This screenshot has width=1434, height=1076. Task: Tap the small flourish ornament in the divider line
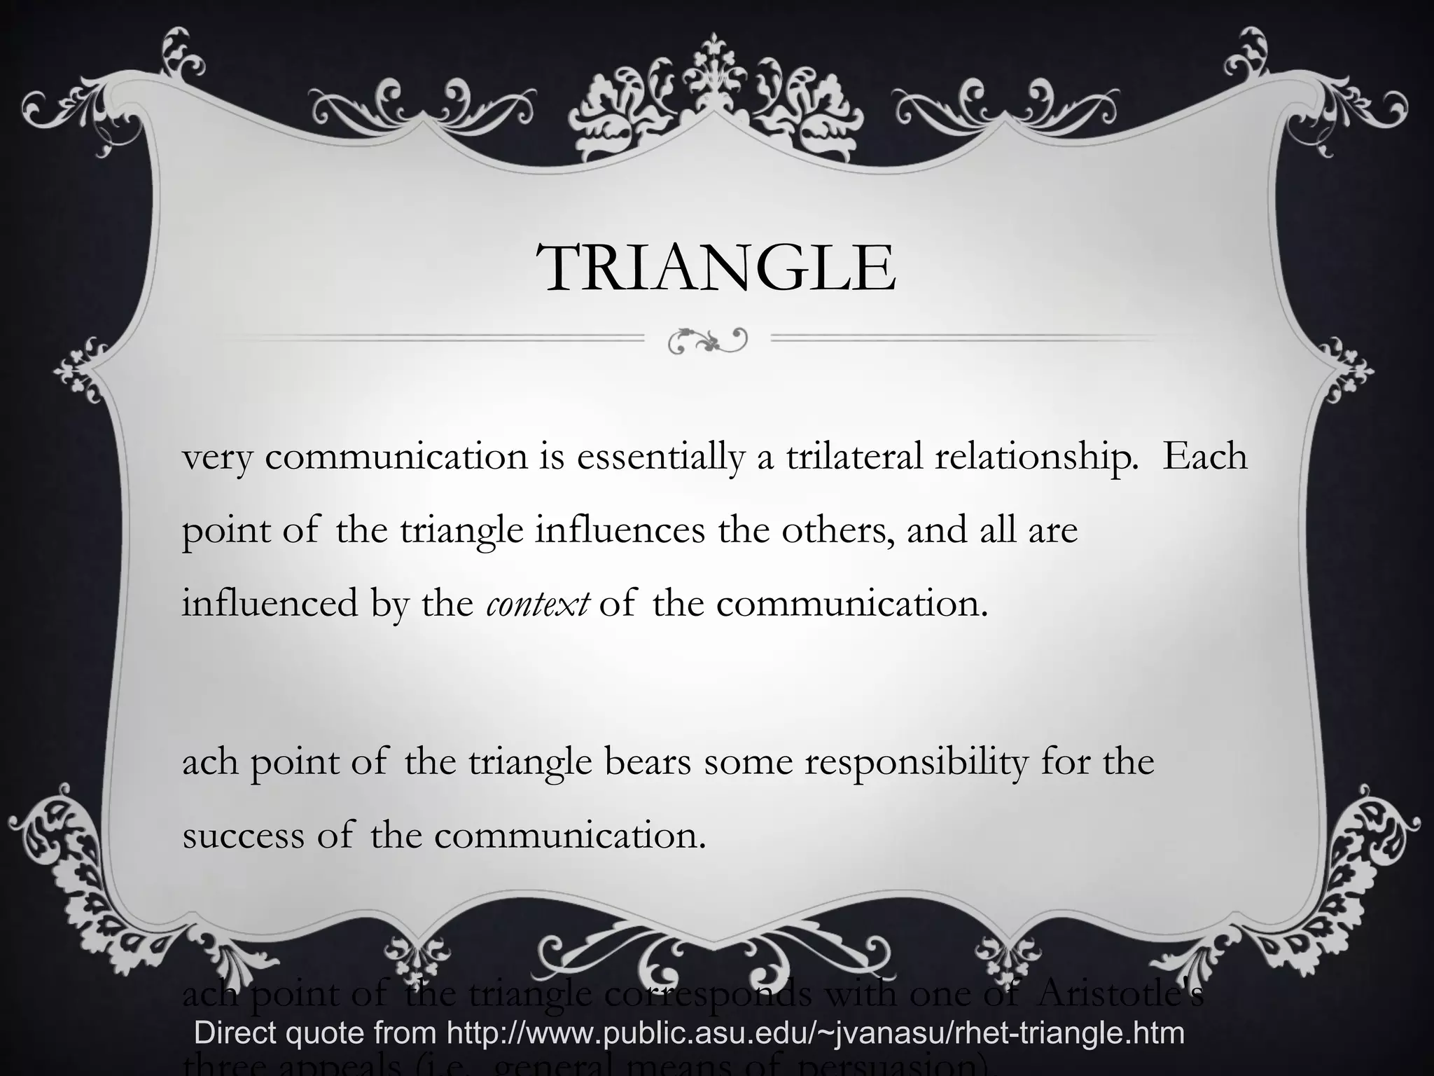[x=708, y=341]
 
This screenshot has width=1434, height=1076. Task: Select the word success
[x=243, y=836]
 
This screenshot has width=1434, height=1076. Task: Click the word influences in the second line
[x=620, y=530]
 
